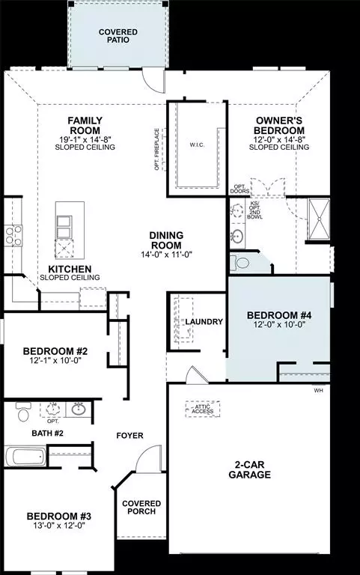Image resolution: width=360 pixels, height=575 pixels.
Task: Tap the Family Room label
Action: pos(85,125)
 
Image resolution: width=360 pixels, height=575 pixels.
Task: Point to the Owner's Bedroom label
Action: pos(278,125)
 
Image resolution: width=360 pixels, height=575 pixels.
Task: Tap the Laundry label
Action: pos(204,322)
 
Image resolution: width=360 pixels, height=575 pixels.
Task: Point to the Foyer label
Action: pos(129,435)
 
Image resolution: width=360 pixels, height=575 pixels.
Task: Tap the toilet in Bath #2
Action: pos(22,413)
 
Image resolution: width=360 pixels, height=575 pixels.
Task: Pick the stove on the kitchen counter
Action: pos(13,236)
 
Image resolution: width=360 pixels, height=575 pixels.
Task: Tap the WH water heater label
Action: pos(319,390)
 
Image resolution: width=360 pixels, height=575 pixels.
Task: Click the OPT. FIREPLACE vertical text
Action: pos(157,149)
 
